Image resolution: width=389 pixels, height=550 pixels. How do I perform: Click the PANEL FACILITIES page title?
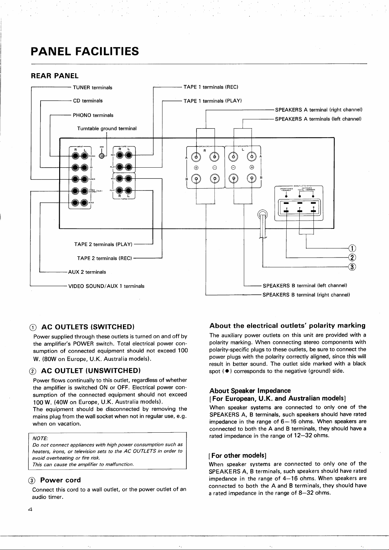coord(85,51)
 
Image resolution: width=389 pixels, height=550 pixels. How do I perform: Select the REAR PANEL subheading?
coord(54,76)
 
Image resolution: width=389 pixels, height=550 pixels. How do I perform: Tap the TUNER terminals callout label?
coord(93,88)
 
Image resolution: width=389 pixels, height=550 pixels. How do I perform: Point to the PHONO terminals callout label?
coord(93,115)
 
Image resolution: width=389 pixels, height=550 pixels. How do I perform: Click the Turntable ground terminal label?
coord(107,128)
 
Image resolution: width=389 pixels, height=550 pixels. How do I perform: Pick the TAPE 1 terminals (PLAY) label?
coord(212,101)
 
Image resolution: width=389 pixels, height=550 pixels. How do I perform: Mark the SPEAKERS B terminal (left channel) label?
coord(305,285)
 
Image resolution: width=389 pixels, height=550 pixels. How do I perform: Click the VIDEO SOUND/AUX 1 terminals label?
coord(106,286)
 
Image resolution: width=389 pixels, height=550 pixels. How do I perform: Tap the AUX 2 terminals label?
coord(87,272)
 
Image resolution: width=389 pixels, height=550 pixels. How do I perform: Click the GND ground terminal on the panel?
coord(102,156)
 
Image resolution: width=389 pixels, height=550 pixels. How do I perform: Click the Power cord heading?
coord(60,480)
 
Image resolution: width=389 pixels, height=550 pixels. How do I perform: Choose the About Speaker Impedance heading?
coord(250,391)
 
